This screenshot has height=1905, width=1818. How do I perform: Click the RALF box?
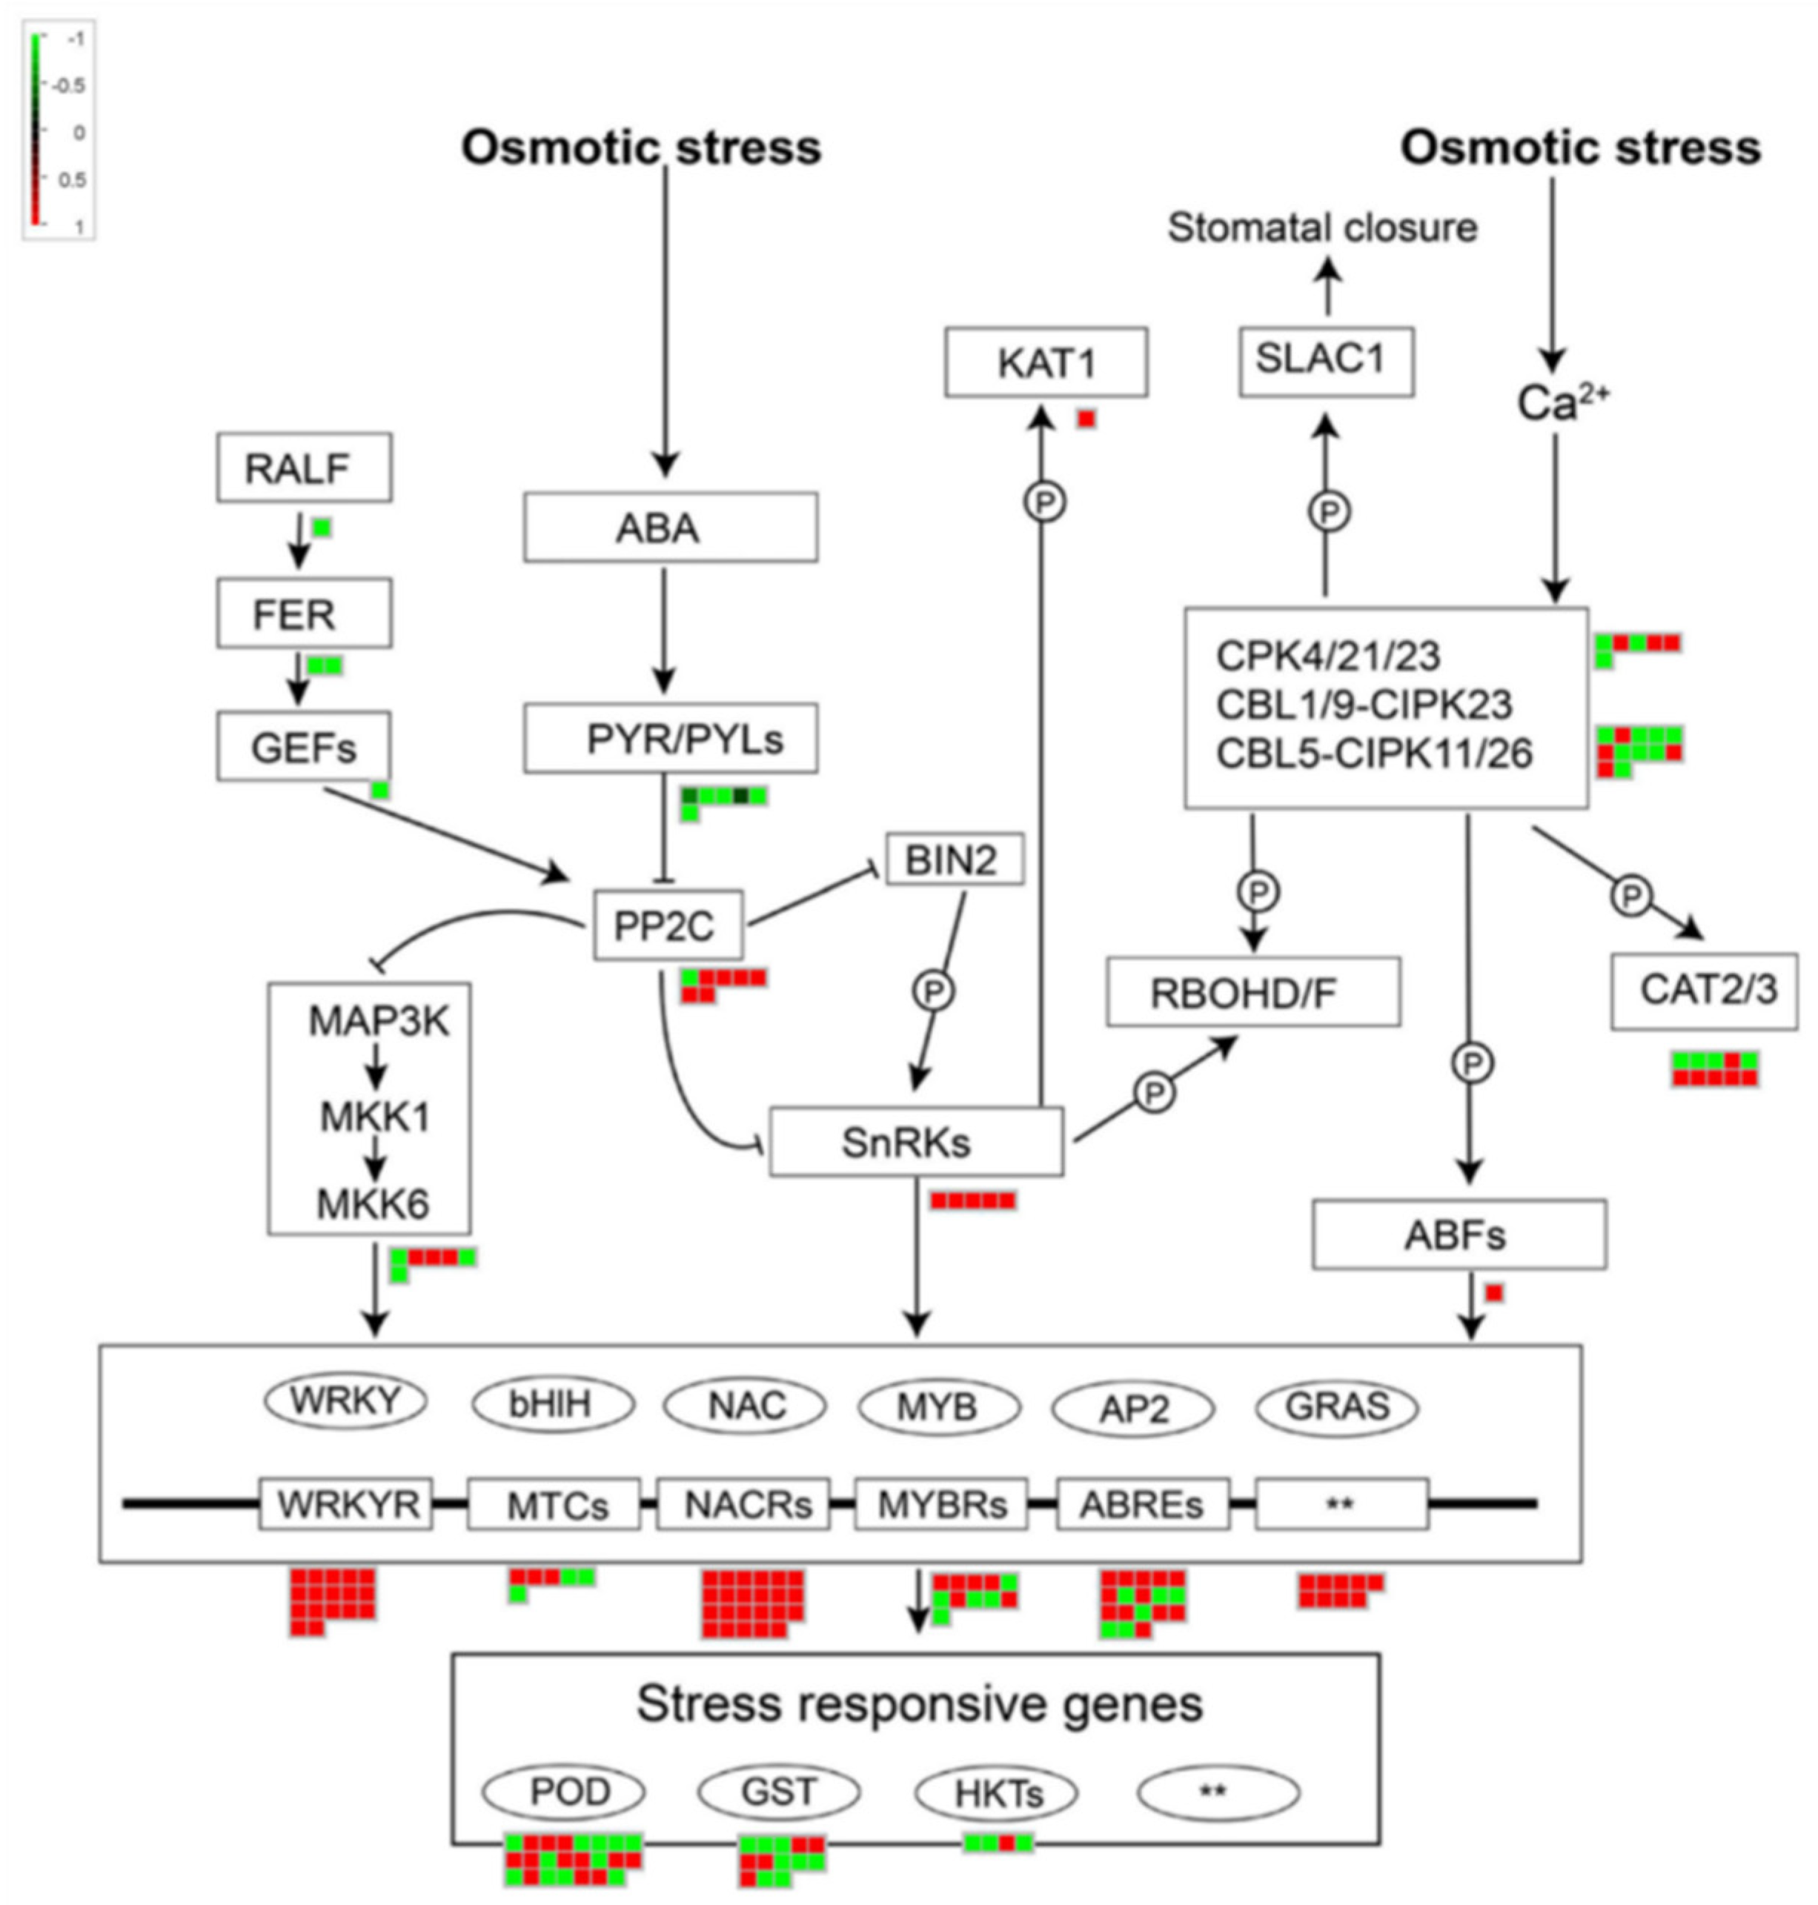303,468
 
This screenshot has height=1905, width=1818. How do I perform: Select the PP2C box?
668,925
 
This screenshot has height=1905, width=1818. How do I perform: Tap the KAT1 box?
1046,362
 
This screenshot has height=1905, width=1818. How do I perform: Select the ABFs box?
1459,1234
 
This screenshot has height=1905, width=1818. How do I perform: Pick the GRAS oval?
1336,1407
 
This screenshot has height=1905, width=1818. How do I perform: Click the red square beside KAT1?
1087,419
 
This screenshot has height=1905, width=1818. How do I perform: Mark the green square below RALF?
322,527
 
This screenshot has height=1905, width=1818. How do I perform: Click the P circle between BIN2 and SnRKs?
934,991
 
